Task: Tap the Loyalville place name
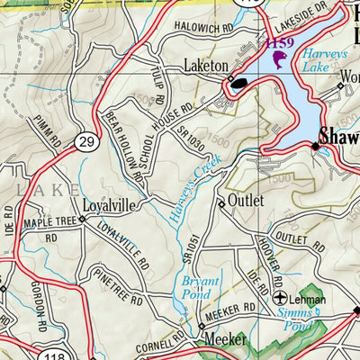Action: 108,205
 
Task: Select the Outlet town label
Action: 245,200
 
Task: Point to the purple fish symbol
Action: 277,61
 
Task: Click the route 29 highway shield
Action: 85,142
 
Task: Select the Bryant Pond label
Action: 202,287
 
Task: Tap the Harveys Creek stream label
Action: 192,187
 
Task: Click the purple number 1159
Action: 279,42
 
